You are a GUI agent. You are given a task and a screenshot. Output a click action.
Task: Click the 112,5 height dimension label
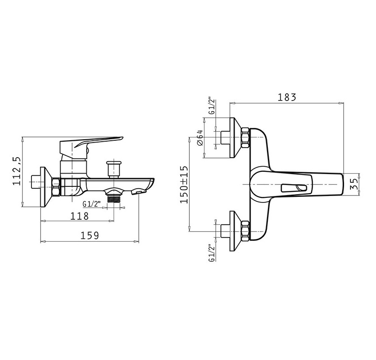pyautogui.click(x=17, y=171)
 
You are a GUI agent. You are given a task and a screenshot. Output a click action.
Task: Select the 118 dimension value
pyautogui.click(x=79, y=216)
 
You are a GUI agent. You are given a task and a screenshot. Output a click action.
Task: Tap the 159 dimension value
pyautogui.click(x=89, y=236)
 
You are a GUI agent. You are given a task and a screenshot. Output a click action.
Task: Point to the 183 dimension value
pyautogui.click(x=287, y=97)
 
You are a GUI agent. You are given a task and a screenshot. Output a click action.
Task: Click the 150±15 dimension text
pyautogui.click(x=184, y=185)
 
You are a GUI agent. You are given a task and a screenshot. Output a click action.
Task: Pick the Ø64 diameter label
pyautogui.click(x=200, y=138)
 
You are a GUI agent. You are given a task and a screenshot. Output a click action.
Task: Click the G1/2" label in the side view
pyautogui.click(x=91, y=204)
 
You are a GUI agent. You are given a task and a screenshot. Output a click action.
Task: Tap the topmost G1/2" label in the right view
pyautogui.click(x=211, y=106)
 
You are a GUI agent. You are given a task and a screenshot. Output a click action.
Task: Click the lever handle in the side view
pyautogui.click(x=91, y=148)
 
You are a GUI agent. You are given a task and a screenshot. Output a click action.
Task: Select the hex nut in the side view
pyautogui.click(x=56, y=187)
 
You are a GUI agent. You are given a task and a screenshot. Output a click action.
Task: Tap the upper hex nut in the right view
pyautogui.click(x=245, y=138)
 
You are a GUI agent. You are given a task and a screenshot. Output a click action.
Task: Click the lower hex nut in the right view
pyautogui.click(x=245, y=231)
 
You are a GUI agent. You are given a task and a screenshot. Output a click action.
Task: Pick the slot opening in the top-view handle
pyautogui.click(x=294, y=188)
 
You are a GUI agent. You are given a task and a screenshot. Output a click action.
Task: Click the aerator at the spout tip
pyautogui.click(x=138, y=191)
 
